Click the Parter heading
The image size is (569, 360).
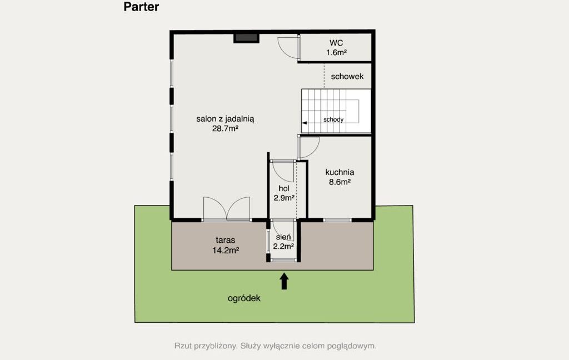(141, 7)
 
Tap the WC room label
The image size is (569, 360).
(336, 43)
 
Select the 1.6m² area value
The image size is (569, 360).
(336, 53)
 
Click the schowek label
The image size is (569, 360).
(347, 77)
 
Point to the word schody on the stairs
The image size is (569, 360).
(333, 119)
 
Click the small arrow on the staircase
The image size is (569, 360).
(305, 123)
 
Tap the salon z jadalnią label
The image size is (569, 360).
(225, 119)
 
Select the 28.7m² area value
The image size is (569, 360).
(225, 128)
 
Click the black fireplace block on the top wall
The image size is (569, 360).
(246, 38)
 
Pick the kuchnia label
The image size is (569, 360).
(340, 172)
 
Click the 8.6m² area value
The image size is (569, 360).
(340, 182)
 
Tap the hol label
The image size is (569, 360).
(284, 188)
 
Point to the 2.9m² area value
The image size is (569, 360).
(284, 198)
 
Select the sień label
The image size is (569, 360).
(283, 237)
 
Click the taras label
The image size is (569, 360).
(226, 240)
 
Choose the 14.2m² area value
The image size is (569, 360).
(226, 250)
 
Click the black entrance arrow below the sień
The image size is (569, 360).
(284, 281)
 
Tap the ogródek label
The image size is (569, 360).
(244, 298)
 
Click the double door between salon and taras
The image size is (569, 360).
(227, 209)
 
